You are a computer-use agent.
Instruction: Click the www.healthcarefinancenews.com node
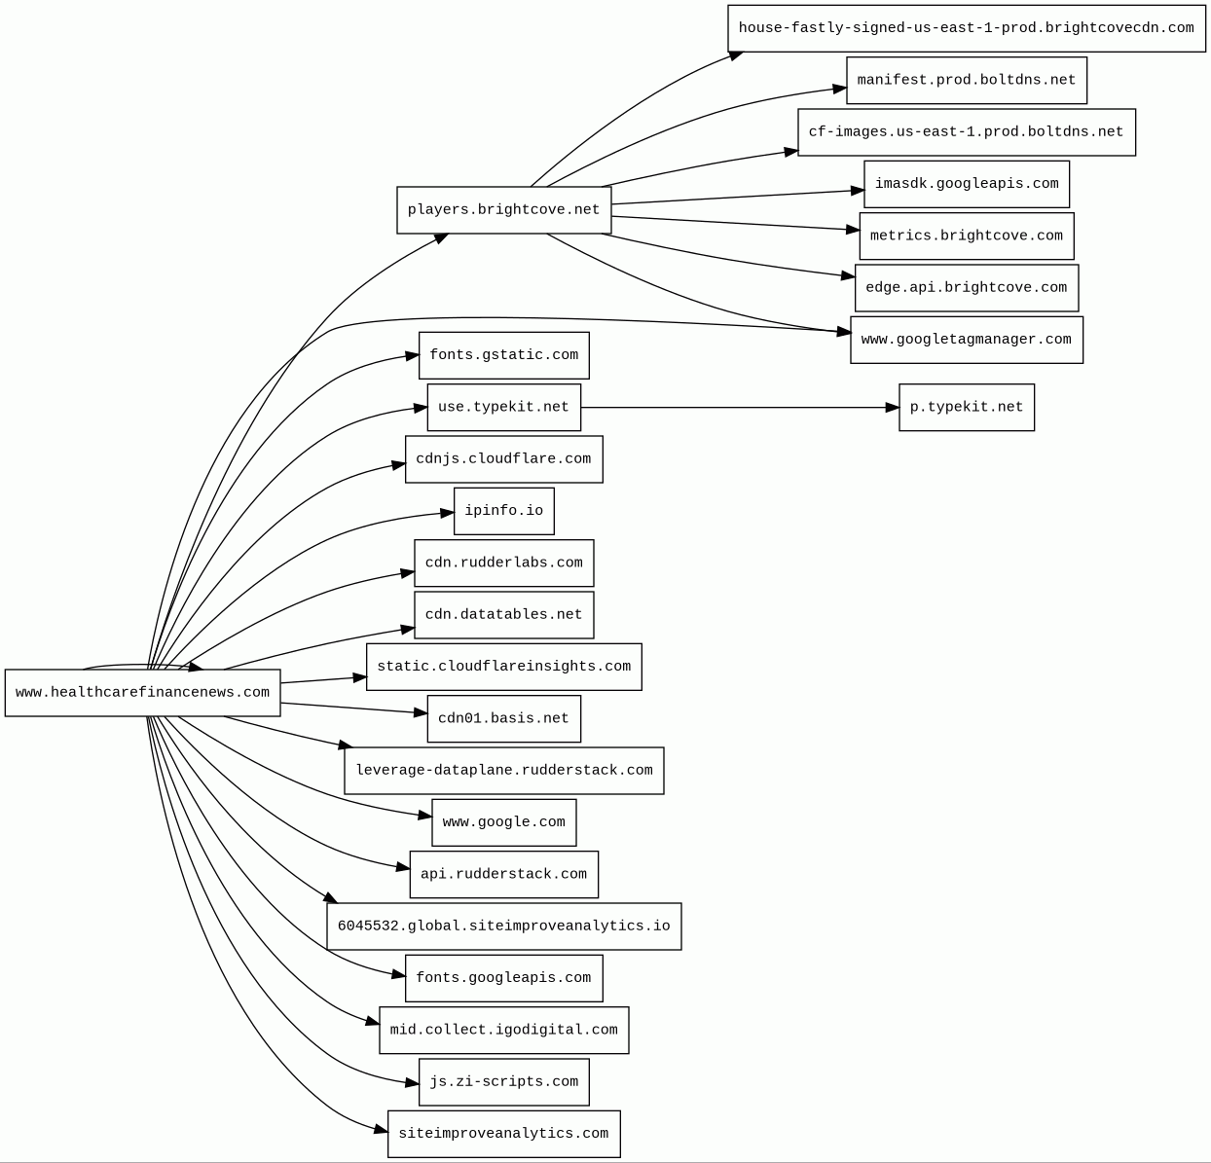142,693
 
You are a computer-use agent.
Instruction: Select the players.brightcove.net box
503,210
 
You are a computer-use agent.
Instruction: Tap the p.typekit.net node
966,408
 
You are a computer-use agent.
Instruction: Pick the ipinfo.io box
503,511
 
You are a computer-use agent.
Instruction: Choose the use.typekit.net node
503,407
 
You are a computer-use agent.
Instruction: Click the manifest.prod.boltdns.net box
966,81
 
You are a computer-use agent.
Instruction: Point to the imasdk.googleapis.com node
966,184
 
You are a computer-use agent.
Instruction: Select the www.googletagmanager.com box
966,340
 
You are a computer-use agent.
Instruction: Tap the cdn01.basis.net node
503,719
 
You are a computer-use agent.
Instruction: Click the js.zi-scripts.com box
503,1082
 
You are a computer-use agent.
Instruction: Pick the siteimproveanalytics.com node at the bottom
503,1134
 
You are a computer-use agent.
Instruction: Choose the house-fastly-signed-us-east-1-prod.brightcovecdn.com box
966,28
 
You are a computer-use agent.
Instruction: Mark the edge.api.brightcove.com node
966,288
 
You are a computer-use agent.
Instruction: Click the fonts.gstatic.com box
503,355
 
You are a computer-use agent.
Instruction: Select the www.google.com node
503,822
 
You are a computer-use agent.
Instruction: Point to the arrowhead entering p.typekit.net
893,408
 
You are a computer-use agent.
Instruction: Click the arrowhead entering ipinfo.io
448,513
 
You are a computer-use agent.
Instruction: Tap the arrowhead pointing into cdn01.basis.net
421,713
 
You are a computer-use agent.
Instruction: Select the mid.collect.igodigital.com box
503,1030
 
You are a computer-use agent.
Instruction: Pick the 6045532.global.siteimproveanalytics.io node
503,927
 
